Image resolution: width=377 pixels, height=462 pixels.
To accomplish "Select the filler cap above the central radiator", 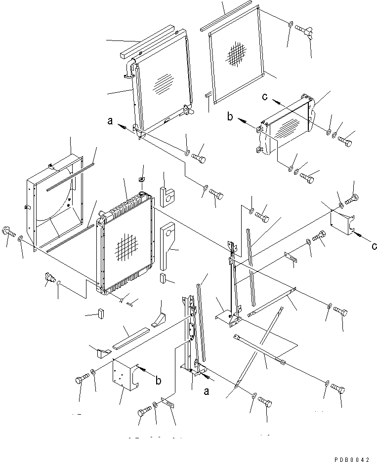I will pyautogui.click(x=141, y=179).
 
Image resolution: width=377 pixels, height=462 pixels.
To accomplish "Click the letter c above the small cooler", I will pyautogui.click(x=266, y=97).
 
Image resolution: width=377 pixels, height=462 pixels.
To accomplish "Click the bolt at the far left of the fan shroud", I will pyautogui.click(x=8, y=231).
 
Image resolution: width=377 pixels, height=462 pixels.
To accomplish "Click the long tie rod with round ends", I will pyautogui.click(x=259, y=349).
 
